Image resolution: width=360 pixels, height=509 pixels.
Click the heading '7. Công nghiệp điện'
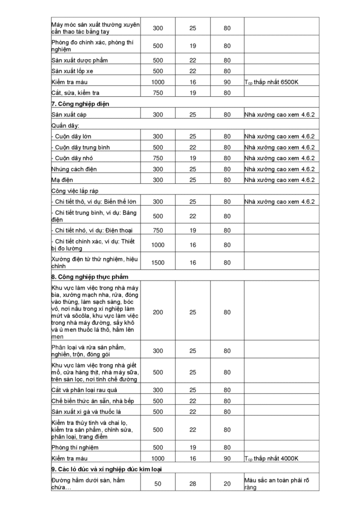coord(80,104)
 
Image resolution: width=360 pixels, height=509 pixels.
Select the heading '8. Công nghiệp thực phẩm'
coord(90,277)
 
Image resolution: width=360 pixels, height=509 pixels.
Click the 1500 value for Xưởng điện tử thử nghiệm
coord(158,263)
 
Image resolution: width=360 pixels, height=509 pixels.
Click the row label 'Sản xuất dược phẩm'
coord(79,61)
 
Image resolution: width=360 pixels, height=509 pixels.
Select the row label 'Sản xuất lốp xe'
coord(72,71)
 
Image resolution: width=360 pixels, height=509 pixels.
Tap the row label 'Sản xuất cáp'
coord(69,115)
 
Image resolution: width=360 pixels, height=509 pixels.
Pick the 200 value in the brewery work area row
coord(158,312)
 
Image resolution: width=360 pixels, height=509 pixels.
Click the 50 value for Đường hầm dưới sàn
coord(158,484)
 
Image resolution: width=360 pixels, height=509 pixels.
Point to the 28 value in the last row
coord(192,484)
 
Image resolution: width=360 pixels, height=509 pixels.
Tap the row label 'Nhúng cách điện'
coord(74,169)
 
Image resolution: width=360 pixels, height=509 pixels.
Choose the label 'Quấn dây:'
coord(65,125)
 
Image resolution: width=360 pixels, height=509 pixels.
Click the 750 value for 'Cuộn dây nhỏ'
coord(158,158)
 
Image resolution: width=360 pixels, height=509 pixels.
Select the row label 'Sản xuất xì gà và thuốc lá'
coord(86,411)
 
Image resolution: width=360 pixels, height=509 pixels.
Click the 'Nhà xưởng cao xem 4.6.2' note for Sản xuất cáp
coord(279,115)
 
